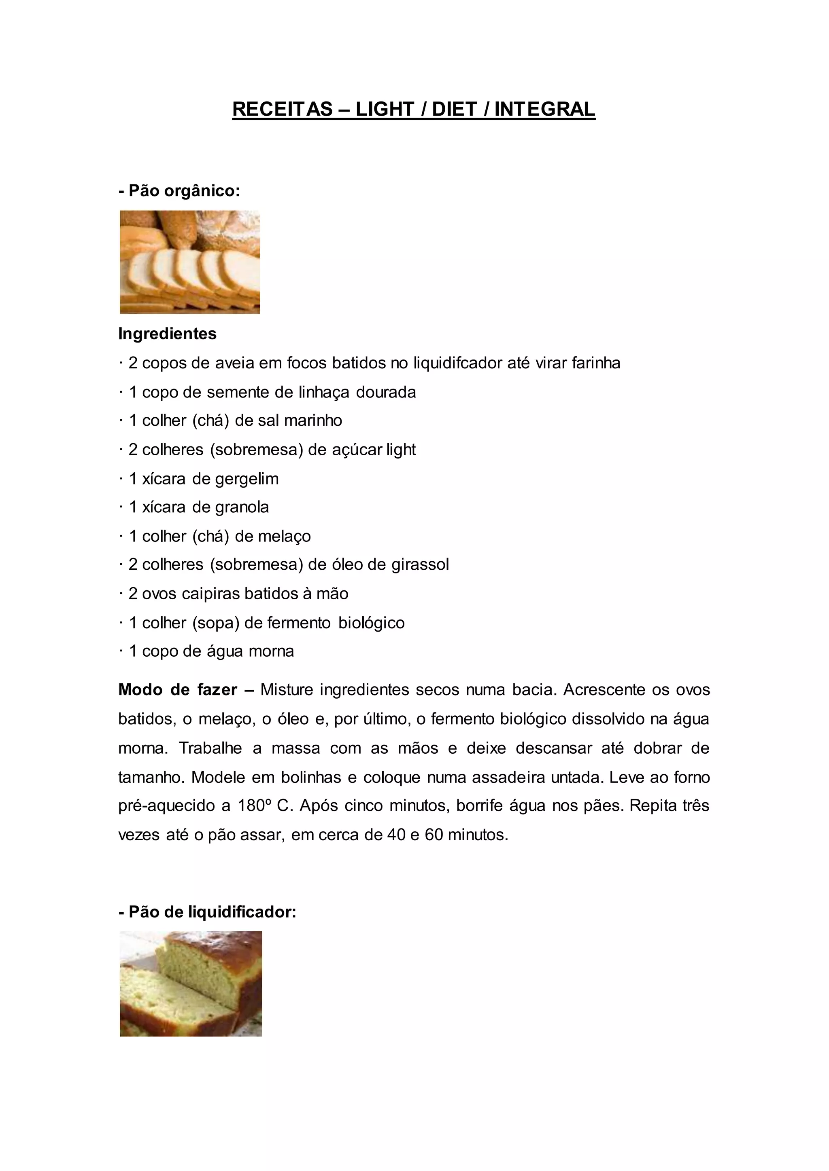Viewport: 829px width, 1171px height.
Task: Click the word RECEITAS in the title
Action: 282,109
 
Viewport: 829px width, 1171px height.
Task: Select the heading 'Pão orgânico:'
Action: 179,191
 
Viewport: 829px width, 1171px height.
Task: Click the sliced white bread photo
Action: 189,262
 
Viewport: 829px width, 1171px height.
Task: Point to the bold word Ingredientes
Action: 168,334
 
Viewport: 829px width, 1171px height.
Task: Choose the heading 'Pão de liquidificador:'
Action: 207,912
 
